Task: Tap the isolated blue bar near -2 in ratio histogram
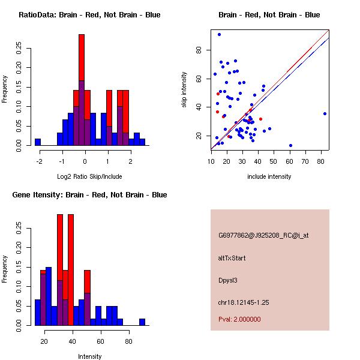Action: pyautogui.click(x=37, y=142)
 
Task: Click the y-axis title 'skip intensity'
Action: pyautogui.click(x=185, y=90)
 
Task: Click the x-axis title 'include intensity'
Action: pyautogui.click(x=269, y=176)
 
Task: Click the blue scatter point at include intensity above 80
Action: pyautogui.click(x=325, y=113)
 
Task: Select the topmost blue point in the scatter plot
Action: pyautogui.click(x=219, y=34)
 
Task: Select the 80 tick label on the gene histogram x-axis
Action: pyautogui.click(x=128, y=341)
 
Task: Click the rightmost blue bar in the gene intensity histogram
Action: pyautogui.click(x=142, y=322)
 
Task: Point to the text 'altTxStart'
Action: pyautogui.click(x=232, y=258)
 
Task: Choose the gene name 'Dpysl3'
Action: pyautogui.click(x=228, y=280)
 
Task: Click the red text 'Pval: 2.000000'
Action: pyautogui.click(x=239, y=319)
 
